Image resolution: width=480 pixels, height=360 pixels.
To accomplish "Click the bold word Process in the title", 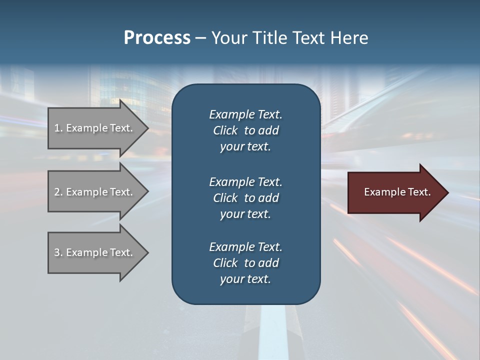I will [x=157, y=37].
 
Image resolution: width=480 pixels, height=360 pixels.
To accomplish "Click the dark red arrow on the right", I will [x=395, y=192].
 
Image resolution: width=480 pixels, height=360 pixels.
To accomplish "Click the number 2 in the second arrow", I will [x=56, y=192].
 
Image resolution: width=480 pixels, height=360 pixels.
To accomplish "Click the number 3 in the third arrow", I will [x=56, y=252].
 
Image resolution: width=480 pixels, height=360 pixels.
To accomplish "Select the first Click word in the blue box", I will [x=225, y=130].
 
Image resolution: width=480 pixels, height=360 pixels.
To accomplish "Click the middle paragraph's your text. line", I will [x=245, y=214].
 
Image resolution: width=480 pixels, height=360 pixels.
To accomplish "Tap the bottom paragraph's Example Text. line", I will [x=245, y=246].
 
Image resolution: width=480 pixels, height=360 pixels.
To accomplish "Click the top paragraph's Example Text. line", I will [x=245, y=114].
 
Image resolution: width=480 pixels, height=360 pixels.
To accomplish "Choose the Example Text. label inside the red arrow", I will [x=397, y=192].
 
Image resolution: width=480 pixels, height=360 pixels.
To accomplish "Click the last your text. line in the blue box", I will [x=245, y=279].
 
